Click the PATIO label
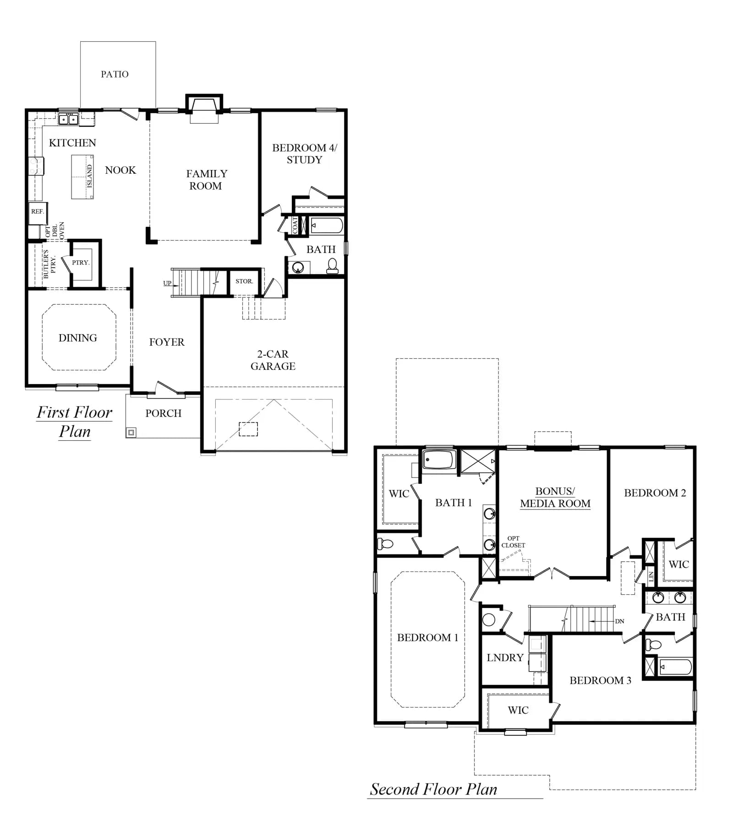(115, 74)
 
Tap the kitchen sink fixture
(68, 119)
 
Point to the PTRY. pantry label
(81, 263)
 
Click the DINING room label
(78, 338)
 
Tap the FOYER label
(167, 342)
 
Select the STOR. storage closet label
(244, 281)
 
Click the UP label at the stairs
(167, 283)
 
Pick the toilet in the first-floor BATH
(333, 266)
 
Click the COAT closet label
(295, 225)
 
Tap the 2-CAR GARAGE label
(273, 360)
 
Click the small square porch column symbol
(131, 432)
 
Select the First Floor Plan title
(75, 422)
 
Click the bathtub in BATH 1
(439, 460)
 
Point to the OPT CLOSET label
(513, 542)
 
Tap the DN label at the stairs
(619, 621)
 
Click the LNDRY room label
(505, 658)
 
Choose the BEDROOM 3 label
(600, 680)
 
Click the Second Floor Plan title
(433, 789)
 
